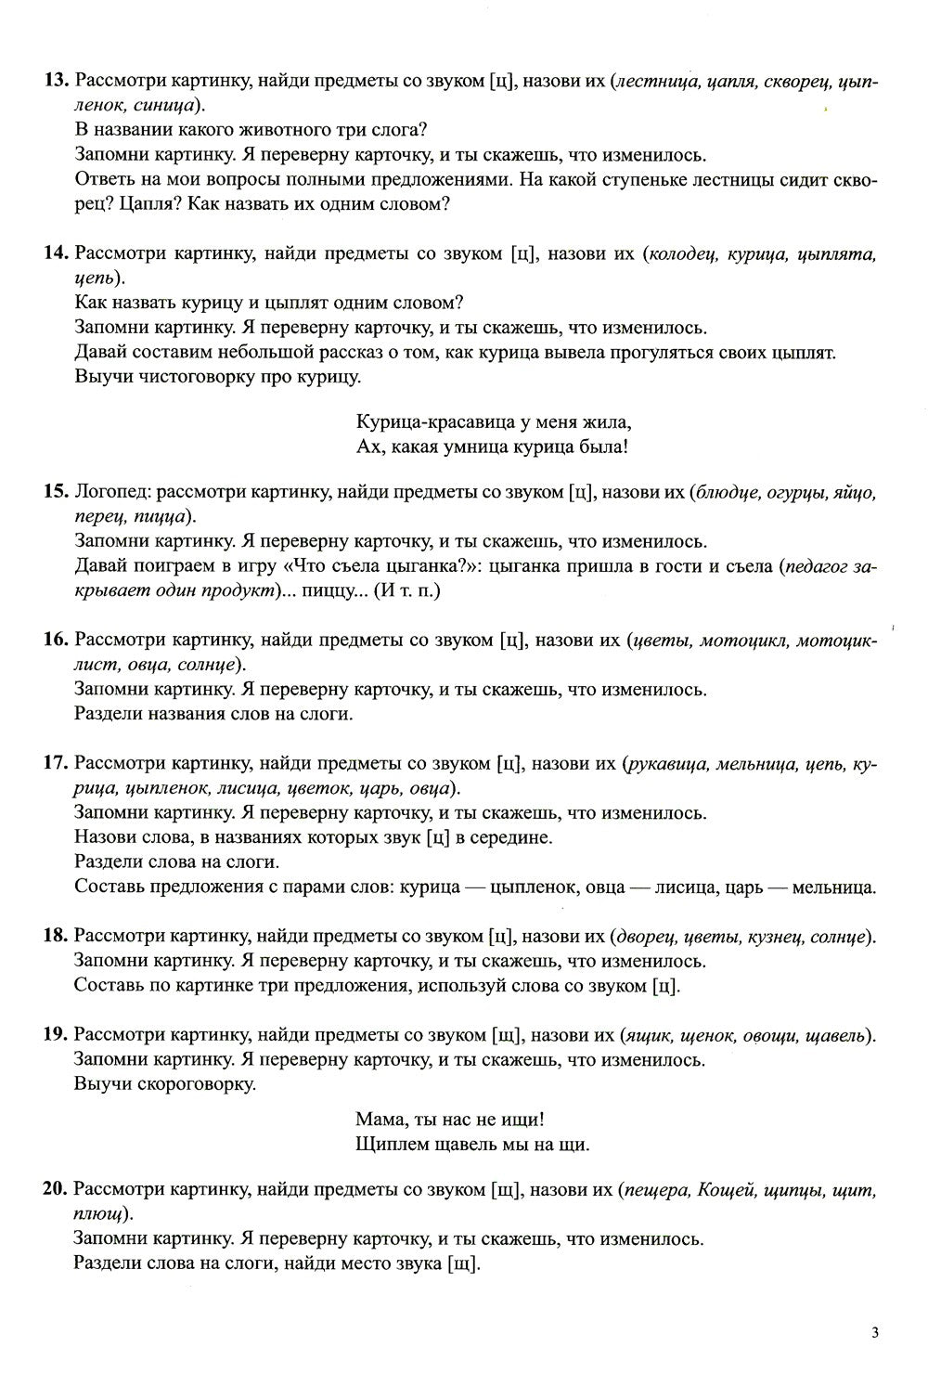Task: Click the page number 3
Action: point(874,1332)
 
